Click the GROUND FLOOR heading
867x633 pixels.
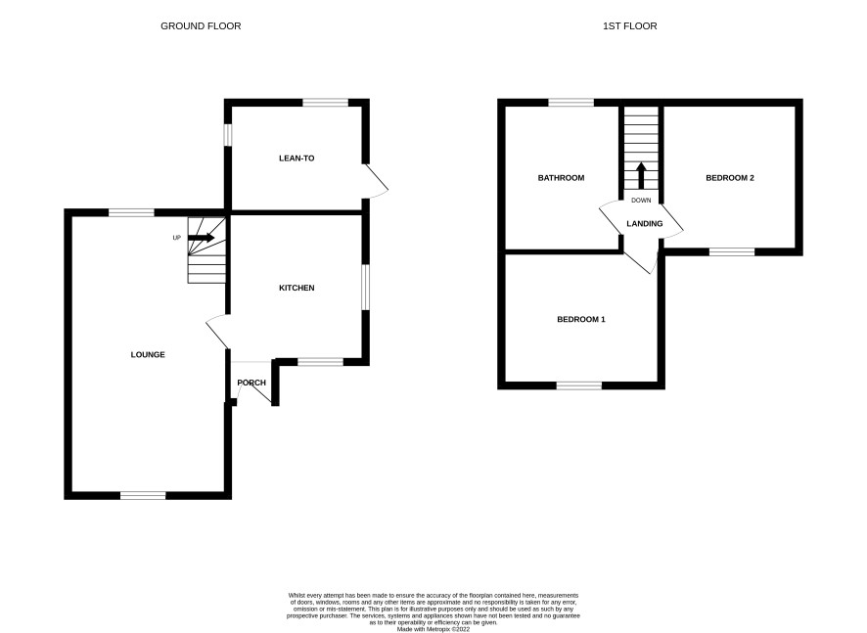(x=201, y=26)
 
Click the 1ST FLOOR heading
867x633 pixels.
(x=630, y=26)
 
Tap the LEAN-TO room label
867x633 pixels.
(x=297, y=158)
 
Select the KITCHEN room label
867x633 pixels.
(x=297, y=288)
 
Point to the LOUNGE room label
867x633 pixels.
(x=148, y=354)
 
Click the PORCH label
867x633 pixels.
(x=251, y=383)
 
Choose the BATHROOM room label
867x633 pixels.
(x=562, y=177)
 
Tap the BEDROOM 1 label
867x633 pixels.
(x=581, y=319)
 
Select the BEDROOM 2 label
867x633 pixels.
(x=730, y=177)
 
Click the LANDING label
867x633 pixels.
(x=645, y=223)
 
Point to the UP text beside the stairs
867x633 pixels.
(x=177, y=238)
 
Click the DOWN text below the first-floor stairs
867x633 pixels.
(x=641, y=201)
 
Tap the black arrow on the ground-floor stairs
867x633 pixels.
(x=202, y=238)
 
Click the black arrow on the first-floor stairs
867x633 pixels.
(x=641, y=176)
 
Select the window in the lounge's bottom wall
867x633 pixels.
(x=143, y=495)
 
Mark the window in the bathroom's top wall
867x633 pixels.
(x=571, y=103)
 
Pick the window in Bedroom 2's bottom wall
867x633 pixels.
(x=732, y=251)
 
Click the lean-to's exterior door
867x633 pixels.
(x=376, y=181)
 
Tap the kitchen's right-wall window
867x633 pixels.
(x=365, y=288)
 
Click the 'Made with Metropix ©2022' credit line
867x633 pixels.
(x=433, y=629)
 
